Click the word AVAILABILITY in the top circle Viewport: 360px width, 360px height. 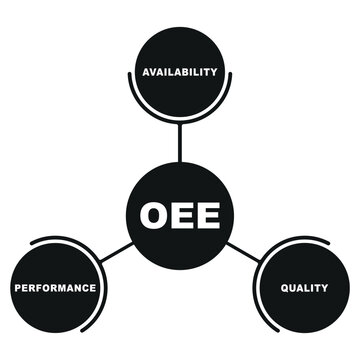180,72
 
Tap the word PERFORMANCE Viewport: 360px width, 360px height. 55,288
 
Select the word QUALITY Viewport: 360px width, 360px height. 304,288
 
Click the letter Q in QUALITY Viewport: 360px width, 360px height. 284,288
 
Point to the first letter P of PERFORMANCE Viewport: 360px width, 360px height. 17,288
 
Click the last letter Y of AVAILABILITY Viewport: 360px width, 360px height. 214,72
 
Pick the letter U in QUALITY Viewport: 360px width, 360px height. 293,288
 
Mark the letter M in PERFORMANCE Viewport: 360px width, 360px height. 62,288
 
